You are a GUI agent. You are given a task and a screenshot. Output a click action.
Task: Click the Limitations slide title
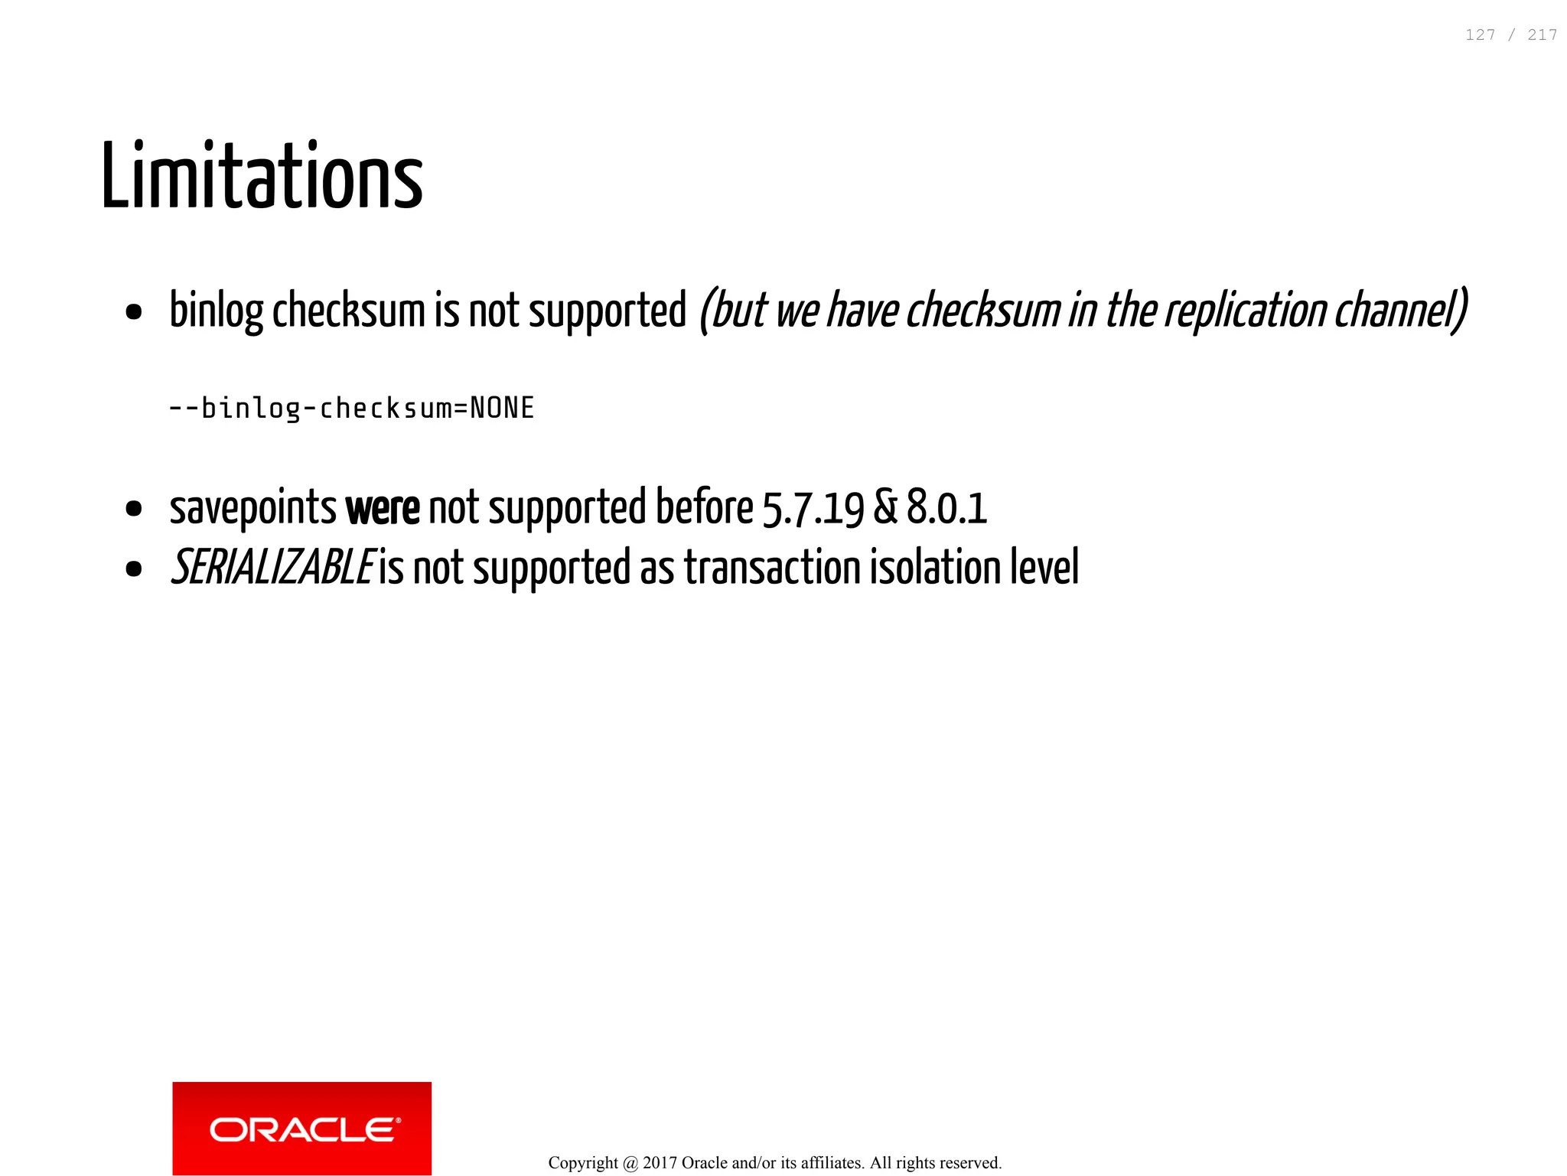262,176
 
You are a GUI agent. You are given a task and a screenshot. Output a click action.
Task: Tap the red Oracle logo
301,1128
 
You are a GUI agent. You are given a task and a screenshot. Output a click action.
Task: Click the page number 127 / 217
1510,35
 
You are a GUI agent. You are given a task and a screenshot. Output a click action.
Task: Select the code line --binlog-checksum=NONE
351,409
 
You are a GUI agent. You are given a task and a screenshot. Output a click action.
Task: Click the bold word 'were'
383,508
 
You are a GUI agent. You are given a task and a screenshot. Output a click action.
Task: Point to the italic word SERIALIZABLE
272,568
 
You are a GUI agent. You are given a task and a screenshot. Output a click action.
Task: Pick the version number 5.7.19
813,508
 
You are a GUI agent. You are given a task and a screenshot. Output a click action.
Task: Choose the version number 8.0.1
946,508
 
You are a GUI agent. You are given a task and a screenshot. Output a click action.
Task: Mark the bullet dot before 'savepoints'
134,510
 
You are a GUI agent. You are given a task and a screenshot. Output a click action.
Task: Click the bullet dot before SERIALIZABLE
134,569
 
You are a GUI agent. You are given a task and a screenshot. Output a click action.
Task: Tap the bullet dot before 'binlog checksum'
134,312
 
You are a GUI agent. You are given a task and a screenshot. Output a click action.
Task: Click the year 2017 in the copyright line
660,1163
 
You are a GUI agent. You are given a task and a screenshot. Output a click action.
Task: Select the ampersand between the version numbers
885,508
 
